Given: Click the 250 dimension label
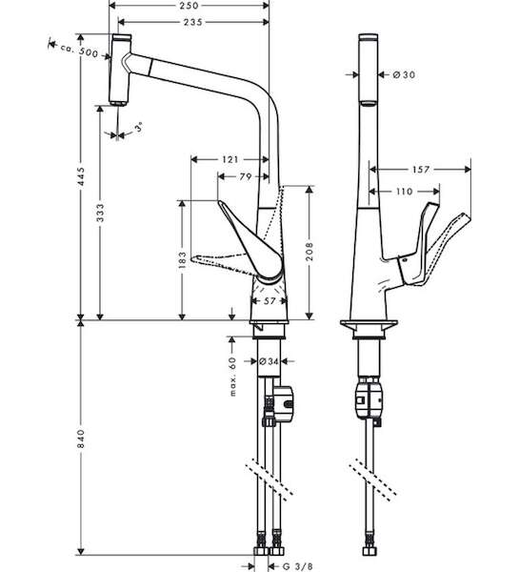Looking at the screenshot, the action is point(189,6).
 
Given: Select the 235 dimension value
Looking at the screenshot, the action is point(192,22).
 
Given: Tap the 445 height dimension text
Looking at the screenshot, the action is point(81,176).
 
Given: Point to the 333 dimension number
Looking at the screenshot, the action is point(100,213).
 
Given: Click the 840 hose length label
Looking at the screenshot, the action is point(81,439).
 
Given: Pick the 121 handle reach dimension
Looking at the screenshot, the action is point(230,159).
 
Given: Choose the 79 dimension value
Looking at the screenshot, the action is point(246,176).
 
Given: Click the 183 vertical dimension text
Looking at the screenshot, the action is point(183,259).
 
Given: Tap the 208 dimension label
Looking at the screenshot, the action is point(309,252).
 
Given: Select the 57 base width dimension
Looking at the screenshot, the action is point(269,301).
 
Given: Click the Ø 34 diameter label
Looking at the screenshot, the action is point(269,361).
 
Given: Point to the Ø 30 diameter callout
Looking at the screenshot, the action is point(404,74).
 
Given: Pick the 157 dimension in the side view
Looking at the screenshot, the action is point(421,170).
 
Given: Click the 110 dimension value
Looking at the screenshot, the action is point(404,192).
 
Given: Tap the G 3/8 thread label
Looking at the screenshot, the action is point(298,566).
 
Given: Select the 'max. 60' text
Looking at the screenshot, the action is point(233,377).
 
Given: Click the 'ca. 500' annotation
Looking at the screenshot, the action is point(79,51).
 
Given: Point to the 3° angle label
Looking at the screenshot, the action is point(138,128).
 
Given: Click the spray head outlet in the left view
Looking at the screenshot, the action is point(118,103).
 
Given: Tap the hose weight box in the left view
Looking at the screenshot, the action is point(285,403).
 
